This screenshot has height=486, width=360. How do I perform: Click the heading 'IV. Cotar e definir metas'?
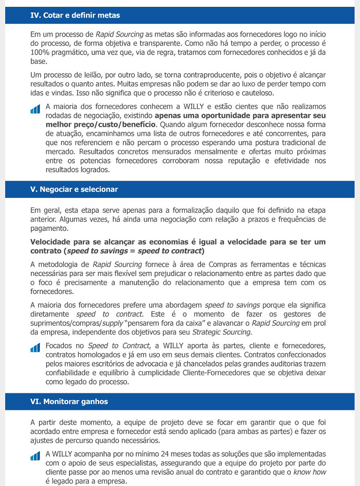pos(75,15)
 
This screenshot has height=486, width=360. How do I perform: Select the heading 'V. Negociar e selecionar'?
pos(74,189)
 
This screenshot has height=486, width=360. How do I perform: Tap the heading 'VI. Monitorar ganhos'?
pos(69,401)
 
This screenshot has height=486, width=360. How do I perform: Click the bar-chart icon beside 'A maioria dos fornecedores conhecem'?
pos(35,109)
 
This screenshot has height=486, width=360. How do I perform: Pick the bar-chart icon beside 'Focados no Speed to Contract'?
pos(35,348)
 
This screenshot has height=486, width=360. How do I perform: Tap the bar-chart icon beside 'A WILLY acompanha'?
pos(35,456)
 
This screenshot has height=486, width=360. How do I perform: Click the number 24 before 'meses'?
pos(174,454)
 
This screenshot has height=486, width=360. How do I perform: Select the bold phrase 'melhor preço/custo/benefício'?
pos(101,124)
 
